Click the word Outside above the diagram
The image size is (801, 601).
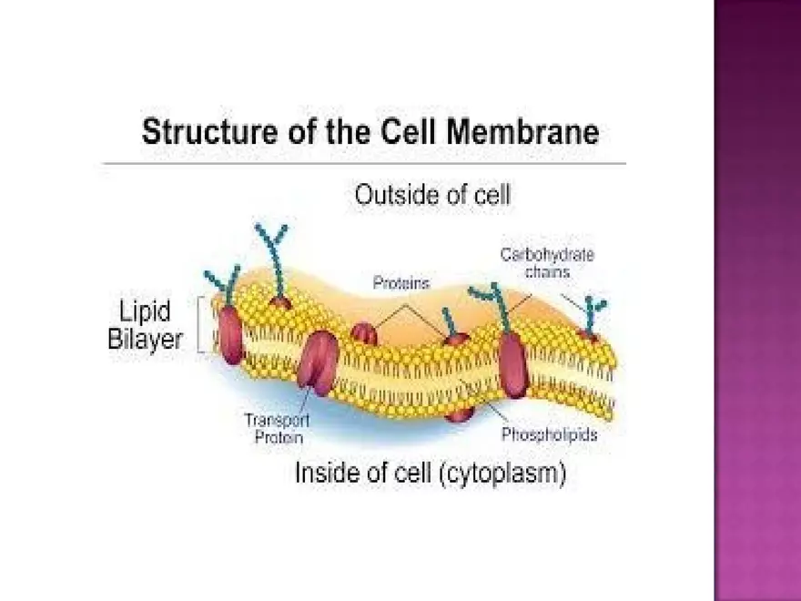(x=390, y=195)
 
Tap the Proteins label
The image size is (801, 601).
(x=400, y=283)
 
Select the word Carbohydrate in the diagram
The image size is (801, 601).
(x=546, y=256)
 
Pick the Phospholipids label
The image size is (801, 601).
(x=550, y=435)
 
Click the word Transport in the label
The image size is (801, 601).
(x=277, y=420)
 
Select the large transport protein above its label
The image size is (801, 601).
(x=318, y=362)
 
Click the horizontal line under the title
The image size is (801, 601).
(x=364, y=164)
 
